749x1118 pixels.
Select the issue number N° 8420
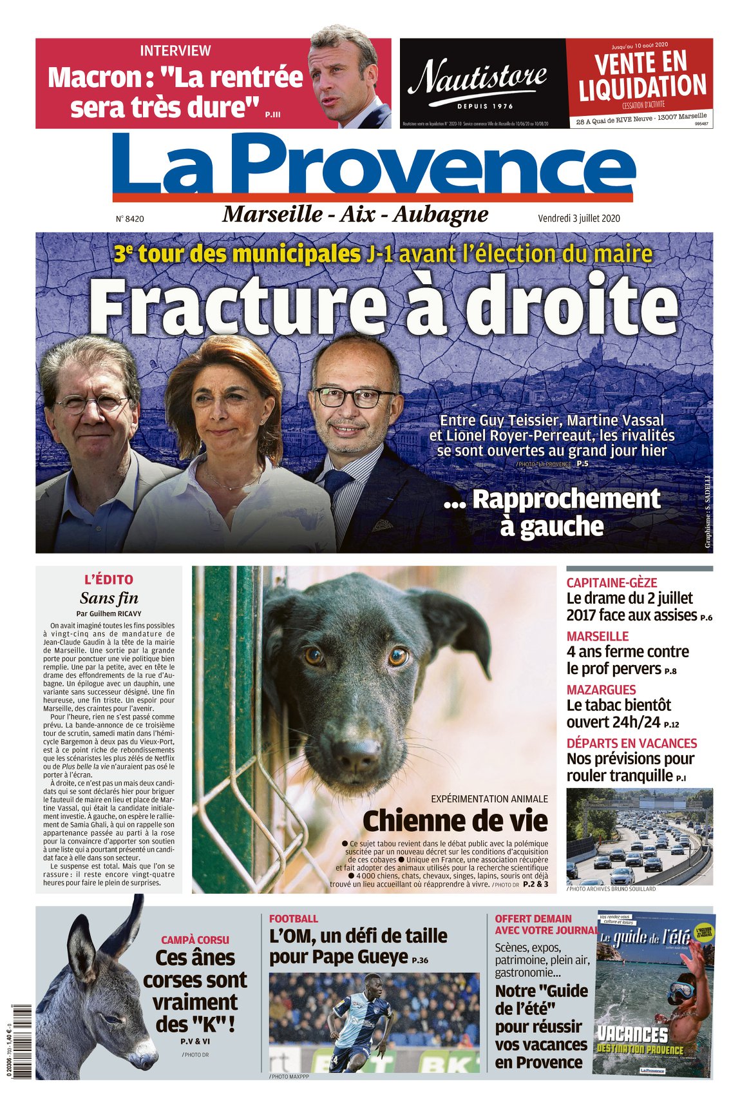[130, 219]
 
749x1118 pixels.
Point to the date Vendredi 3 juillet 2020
[579, 218]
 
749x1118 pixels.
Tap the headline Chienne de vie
[455, 821]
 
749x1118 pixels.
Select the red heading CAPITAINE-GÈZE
[611, 583]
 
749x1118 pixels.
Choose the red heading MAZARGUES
[601, 689]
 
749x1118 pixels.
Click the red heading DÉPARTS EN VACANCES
[631, 743]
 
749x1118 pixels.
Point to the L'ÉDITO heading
[109, 579]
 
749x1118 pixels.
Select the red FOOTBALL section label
[293, 919]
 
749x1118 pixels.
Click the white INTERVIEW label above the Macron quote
[175, 50]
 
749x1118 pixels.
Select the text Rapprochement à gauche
[552, 512]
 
